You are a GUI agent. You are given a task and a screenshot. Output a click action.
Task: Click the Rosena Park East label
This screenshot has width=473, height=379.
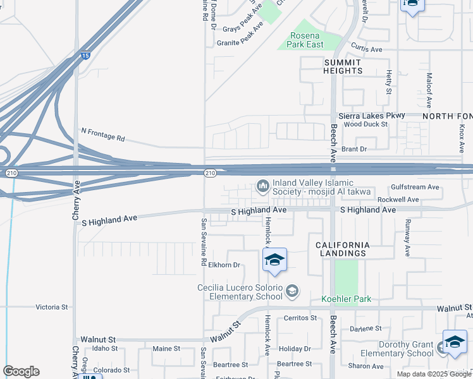(307, 40)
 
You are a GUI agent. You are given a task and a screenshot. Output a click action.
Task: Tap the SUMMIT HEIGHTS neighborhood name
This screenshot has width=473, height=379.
(342, 66)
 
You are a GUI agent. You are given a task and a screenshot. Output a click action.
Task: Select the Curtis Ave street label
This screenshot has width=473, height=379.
(367, 49)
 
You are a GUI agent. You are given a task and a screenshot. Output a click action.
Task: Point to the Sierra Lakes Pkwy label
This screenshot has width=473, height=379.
(371, 116)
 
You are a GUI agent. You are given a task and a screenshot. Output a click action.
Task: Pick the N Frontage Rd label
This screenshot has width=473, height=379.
(103, 134)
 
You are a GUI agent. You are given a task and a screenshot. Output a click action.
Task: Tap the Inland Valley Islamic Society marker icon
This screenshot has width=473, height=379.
(262, 186)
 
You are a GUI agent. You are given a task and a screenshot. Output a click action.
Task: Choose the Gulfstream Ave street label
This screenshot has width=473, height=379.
(415, 187)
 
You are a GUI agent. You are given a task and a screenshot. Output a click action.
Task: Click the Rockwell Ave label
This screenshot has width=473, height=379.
(398, 200)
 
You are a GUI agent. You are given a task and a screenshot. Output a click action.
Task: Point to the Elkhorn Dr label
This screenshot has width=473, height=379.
(225, 265)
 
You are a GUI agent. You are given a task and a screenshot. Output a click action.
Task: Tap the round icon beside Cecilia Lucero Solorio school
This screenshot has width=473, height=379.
(292, 291)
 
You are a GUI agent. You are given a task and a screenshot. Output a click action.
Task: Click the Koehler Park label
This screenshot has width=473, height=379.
(346, 299)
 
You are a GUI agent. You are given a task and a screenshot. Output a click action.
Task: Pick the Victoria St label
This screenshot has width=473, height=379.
(51, 307)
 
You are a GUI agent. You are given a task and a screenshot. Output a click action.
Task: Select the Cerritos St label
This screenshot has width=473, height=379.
(300, 318)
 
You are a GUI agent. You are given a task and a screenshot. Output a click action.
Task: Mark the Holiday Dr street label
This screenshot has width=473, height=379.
(295, 349)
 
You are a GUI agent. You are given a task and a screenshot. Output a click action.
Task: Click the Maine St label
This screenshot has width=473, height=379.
(166, 348)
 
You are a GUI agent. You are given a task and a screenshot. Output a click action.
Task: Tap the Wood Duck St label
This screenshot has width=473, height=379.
(365, 124)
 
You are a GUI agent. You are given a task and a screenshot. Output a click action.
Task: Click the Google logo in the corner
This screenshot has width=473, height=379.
(21, 371)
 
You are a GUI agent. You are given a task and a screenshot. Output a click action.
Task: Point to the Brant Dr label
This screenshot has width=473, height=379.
(354, 149)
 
